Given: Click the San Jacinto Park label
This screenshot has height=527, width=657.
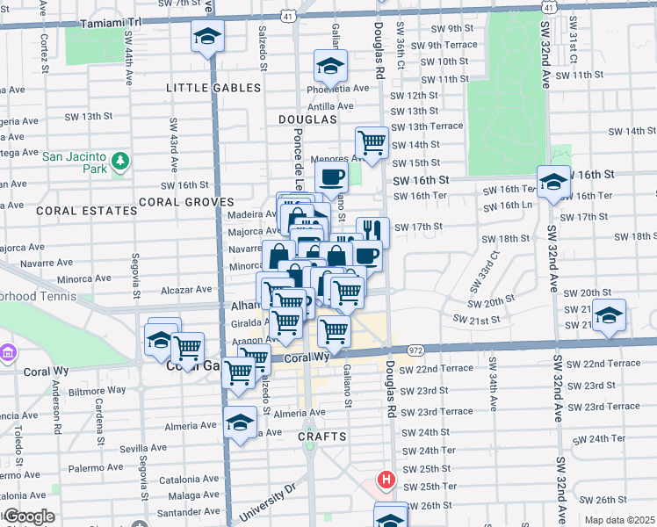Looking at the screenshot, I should tap(76, 155).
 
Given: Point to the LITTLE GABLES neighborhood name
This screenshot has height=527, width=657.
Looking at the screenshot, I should tap(214, 88).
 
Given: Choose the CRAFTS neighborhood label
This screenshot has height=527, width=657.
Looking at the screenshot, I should tap(322, 436).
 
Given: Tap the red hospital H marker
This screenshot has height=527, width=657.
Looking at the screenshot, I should tap(385, 480).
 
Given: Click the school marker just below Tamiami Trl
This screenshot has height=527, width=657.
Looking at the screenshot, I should tap(208, 37).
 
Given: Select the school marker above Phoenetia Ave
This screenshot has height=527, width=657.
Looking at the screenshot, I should tap(330, 66).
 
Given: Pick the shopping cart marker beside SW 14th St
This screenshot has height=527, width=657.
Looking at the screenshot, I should tap(372, 141).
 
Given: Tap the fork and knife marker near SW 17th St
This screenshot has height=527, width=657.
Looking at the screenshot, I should tap(373, 231).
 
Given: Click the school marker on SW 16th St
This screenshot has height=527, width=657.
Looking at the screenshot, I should tap(553, 182).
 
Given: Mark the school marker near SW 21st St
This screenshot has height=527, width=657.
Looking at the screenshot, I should tap(608, 316).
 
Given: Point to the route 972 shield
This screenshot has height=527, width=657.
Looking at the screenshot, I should tap(415, 350).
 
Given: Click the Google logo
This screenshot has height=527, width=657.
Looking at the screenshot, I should tap(28, 516).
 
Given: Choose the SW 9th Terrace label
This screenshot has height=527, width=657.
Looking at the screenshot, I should tap(449, 45).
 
